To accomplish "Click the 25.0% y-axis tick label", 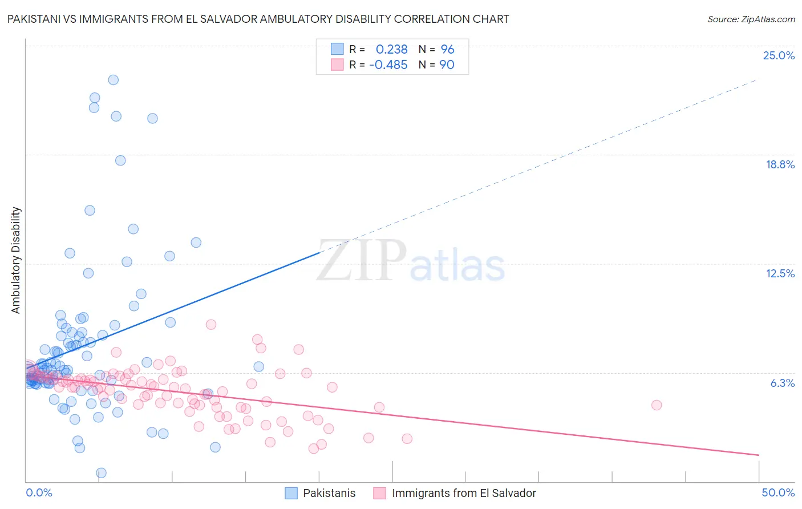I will (779, 55).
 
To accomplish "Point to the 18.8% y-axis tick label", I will (780, 164).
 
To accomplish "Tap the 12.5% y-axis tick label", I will (780, 273).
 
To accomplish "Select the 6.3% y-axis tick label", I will (782, 383).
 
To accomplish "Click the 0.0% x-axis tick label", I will (39, 492).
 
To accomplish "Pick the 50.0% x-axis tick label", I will (778, 492).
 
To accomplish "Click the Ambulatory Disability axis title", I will (16, 260).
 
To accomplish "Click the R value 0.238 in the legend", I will (391, 50).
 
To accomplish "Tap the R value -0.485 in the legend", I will (388, 65).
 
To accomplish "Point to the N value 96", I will (447, 50).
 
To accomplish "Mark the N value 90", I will (447, 65).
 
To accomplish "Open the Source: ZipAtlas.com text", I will (751, 19).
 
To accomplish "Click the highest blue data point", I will (114, 80).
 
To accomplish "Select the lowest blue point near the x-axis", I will (101, 472).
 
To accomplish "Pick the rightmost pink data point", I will (656, 405).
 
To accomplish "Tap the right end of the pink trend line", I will (759, 455).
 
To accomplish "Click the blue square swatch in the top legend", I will (338, 49).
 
